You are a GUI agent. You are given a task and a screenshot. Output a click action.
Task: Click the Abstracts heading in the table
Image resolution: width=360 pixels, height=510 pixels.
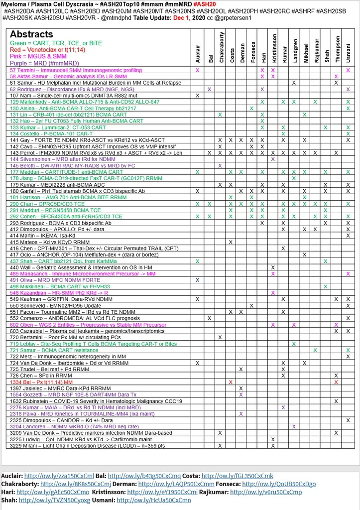pyautogui.click(x=31, y=34)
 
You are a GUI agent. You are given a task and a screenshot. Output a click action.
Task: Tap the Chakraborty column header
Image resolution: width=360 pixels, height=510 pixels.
pyautogui.click(x=220, y=49)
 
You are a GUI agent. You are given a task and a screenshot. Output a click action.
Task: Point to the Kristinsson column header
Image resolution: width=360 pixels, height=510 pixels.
pyautogui.click(x=273, y=49)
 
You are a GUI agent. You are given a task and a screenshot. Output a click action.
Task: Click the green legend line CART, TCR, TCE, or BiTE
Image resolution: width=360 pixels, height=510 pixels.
pyautogui.click(x=56, y=43)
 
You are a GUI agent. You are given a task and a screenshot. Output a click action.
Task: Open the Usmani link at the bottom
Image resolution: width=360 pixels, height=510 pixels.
pyautogui.click(x=154, y=500)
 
